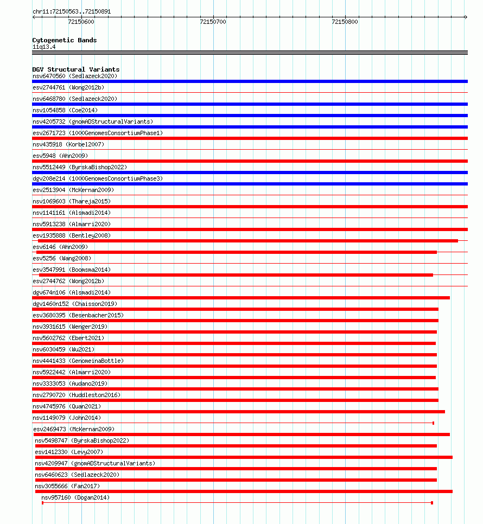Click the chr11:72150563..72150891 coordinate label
click(72, 11)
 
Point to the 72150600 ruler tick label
click(81, 22)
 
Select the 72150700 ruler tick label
click(213, 22)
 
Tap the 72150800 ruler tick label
click(345, 22)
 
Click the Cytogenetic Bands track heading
click(65, 40)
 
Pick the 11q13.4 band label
click(44, 47)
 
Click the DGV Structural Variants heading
click(76, 69)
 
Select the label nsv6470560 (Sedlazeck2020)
click(74, 76)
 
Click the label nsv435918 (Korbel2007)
click(68, 144)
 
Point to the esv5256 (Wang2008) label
click(62, 258)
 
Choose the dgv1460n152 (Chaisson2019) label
click(75, 304)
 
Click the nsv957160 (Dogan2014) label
click(75, 497)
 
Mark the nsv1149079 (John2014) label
click(67, 418)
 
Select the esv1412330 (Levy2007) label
click(69, 452)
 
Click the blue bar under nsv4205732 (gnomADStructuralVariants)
click(250, 127)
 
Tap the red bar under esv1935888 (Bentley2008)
click(245, 241)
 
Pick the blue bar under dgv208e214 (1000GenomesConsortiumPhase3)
click(250, 184)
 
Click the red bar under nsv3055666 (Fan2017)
click(244, 491)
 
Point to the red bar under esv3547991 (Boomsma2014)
click(236, 275)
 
